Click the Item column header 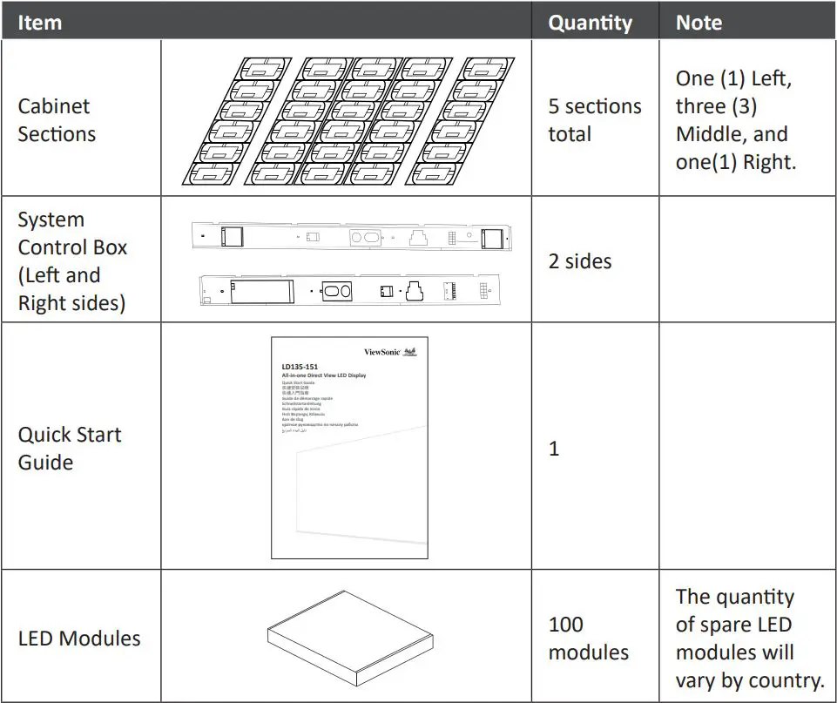pyautogui.click(x=40, y=23)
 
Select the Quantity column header pyautogui.click(x=590, y=23)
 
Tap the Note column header pyautogui.click(x=699, y=23)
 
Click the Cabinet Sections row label pyautogui.click(x=57, y=120)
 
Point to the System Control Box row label pyautogui.click(x=72, y=260)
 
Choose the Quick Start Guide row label pyautogui.click(x=70, y=448)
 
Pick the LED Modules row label pyautogui.click(x=79, y=638)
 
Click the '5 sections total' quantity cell pyautogui.click(x=594, y=120)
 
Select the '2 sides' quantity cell pyautogui.click(x=579, y=260)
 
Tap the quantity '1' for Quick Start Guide pyautogui.click(x=554, y=450)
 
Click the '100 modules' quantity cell pyautogui.click(x=588, y=638)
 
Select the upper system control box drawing pyautogui.click(x=351, y=236)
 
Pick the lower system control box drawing pyautogui.click(x=351, y=290)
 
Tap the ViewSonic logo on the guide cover pyautogui.click(x=389, y=352)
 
